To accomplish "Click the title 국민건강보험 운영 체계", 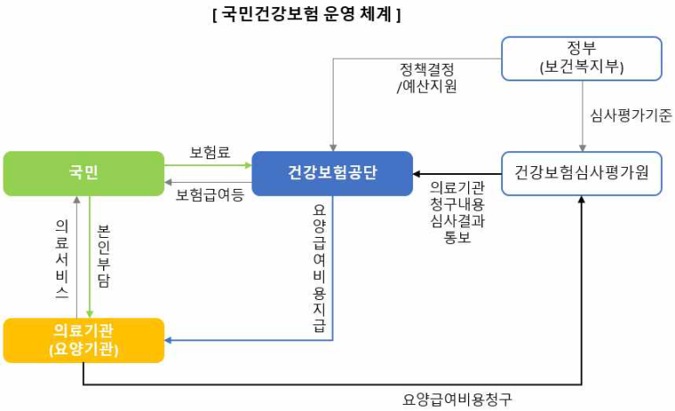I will point(307,14).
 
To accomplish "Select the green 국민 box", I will point(84,172).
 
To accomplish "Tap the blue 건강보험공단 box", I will point(332,172).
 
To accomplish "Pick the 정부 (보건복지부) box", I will point(582,58).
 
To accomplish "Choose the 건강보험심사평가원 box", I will point(582,172).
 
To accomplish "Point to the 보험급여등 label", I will point(210,194).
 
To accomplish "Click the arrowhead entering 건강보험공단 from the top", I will point(332,146).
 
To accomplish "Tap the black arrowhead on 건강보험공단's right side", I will point(418,173).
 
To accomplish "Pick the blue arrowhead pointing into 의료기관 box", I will point(169,340).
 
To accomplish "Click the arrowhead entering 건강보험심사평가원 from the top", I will point(582,147).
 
